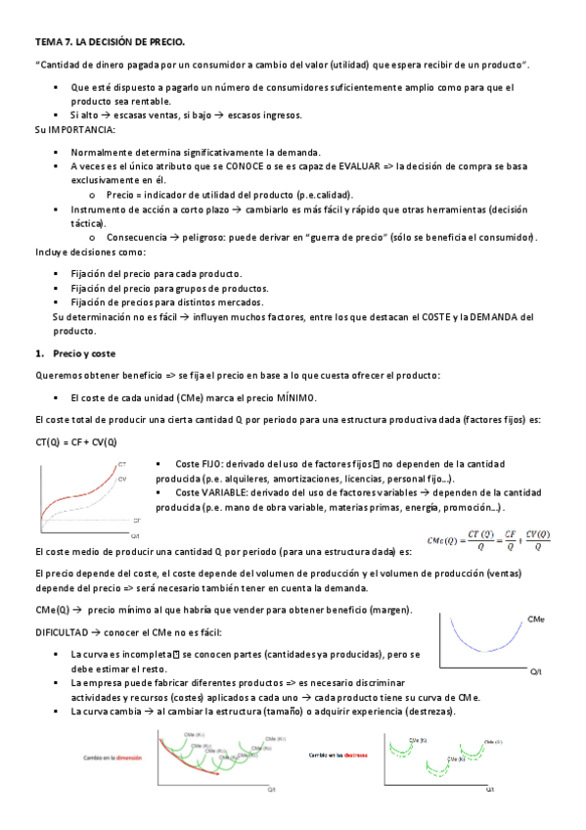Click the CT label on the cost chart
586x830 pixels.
pos(121,462)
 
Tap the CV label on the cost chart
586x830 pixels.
pos(122,479)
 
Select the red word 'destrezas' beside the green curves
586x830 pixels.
pos(360,755)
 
